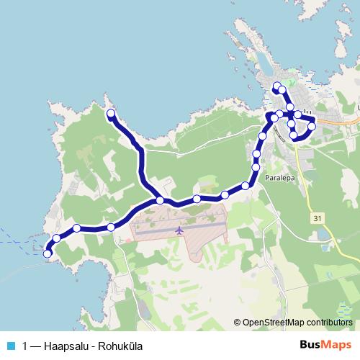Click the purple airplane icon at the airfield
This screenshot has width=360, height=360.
[x=178, y=230]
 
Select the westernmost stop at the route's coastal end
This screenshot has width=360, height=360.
[x=48, y=253]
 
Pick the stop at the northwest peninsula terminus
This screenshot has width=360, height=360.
[x=111, y=114]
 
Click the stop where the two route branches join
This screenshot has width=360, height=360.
[x=161, y=200]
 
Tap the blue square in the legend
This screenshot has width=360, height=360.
[x=11, y=346]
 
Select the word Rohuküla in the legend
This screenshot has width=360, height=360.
[x=122, y=346]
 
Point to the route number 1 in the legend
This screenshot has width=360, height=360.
[x=26, y=346]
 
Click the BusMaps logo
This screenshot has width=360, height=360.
[x=326, y=345]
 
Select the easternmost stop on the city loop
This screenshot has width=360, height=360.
[x=311, y=126]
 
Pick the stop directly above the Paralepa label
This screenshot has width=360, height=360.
[x=256, y=167]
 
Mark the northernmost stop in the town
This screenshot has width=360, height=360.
[x=276, y=87]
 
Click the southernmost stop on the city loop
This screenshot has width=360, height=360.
[x=294, y=135]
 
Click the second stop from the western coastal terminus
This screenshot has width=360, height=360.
[x=57, y=238]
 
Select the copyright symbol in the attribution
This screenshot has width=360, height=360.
[x=238, y=323]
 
